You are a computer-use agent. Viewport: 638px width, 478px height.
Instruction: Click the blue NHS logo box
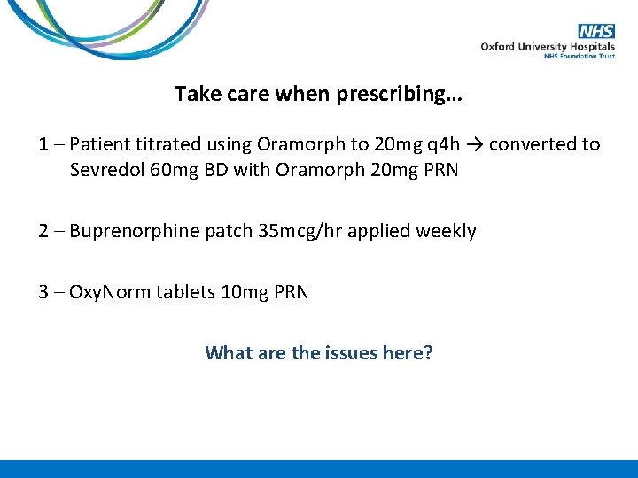[x=596, y=31]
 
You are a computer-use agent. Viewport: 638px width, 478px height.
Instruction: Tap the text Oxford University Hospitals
[x=548, y=47]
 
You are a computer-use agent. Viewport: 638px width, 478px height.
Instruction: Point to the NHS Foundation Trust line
[x=579, y=57]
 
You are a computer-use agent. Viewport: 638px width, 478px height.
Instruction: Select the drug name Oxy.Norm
[x=108, y=292]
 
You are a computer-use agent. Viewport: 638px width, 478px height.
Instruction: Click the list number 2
[x=44, y=231]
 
